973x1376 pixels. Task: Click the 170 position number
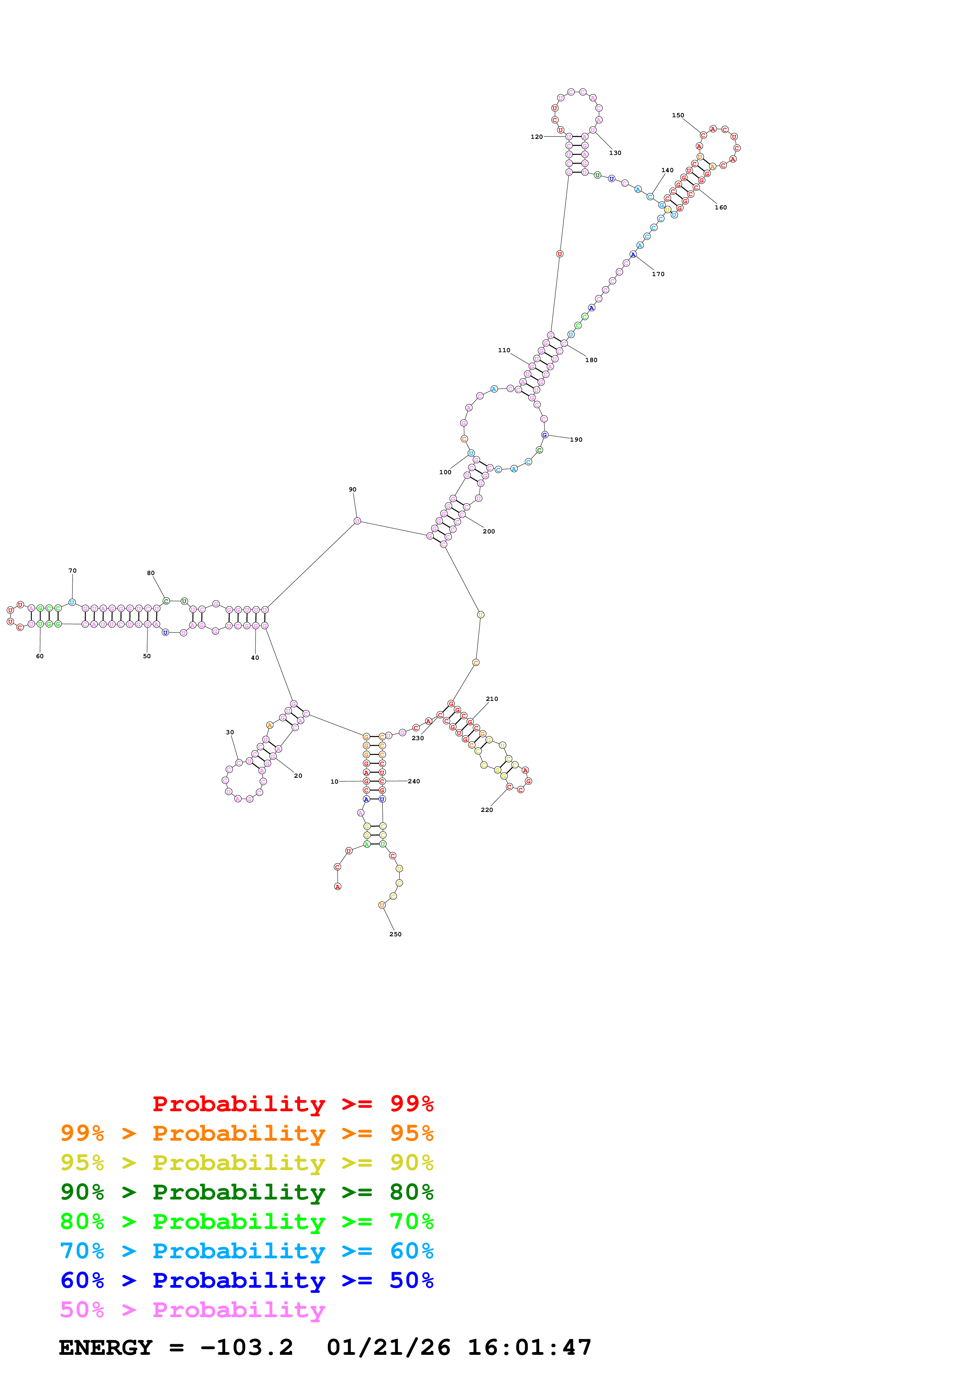pyautogui.click(x=658, y=274)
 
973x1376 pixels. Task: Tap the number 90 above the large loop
pyautogui.click(x=352, y=489)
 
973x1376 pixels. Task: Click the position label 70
pyautogui.click(x=73, y=571)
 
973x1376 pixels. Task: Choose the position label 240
pyautogui.click(x=414, y=781)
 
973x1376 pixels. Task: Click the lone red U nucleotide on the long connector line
pyautogui.click(x=559, y=254)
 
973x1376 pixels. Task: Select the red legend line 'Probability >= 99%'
pyautogui.click(x=292, y=1103)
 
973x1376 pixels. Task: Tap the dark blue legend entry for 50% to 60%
pyautogui.click(x=246, y=1280)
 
